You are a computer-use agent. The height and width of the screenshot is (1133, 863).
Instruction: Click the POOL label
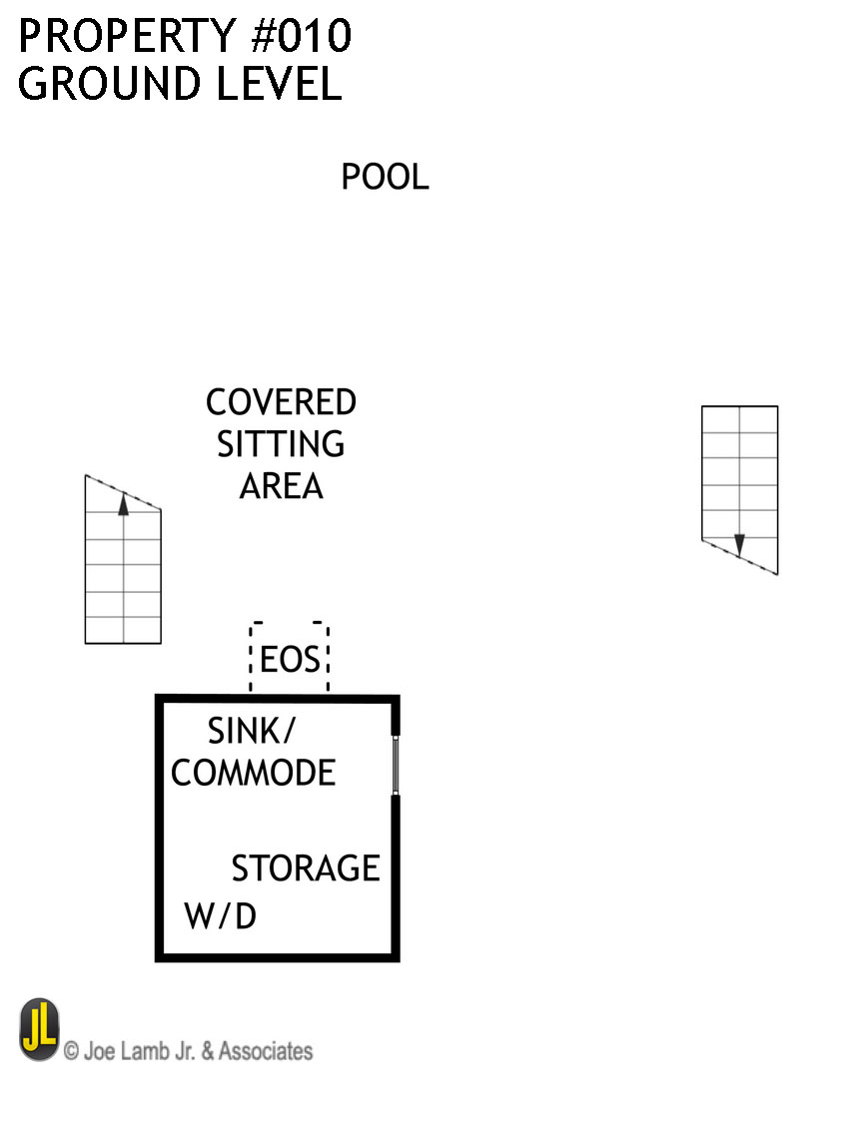point(385,178)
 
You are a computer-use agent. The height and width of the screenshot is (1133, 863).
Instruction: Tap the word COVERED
point(281,403)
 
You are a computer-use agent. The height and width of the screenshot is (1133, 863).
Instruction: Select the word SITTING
point(281,444)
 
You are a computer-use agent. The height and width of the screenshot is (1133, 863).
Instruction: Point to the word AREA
point(281,486)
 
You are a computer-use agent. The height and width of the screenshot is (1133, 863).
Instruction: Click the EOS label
point(290,661)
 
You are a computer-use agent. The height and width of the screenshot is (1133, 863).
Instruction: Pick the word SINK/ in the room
point(252,732)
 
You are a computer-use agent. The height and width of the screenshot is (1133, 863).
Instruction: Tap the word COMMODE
point(254,773)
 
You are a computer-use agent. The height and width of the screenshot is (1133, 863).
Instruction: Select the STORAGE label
point(306,868)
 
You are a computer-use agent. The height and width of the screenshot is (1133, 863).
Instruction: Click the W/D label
point(221,916)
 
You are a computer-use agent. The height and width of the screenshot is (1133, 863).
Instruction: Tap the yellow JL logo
point(39,1029)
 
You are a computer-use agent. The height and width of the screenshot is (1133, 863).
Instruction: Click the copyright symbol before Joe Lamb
point(72,1051)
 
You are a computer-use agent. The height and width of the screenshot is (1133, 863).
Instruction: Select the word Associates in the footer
point(265,1051)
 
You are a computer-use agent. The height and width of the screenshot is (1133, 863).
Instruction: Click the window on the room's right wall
point(396,766)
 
